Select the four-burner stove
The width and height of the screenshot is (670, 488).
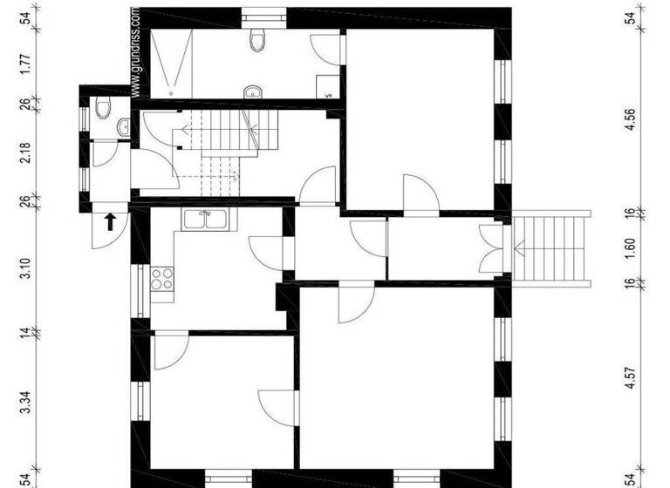[161, 279]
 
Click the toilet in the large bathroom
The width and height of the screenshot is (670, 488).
[256, 39]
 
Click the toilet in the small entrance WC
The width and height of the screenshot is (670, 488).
[103, 108]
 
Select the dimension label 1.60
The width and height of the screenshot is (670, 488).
[631, 247]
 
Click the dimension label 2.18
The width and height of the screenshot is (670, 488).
[26, 152]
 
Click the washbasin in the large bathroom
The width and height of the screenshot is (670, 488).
[252, 91]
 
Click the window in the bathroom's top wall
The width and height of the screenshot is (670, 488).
[263, 14]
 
